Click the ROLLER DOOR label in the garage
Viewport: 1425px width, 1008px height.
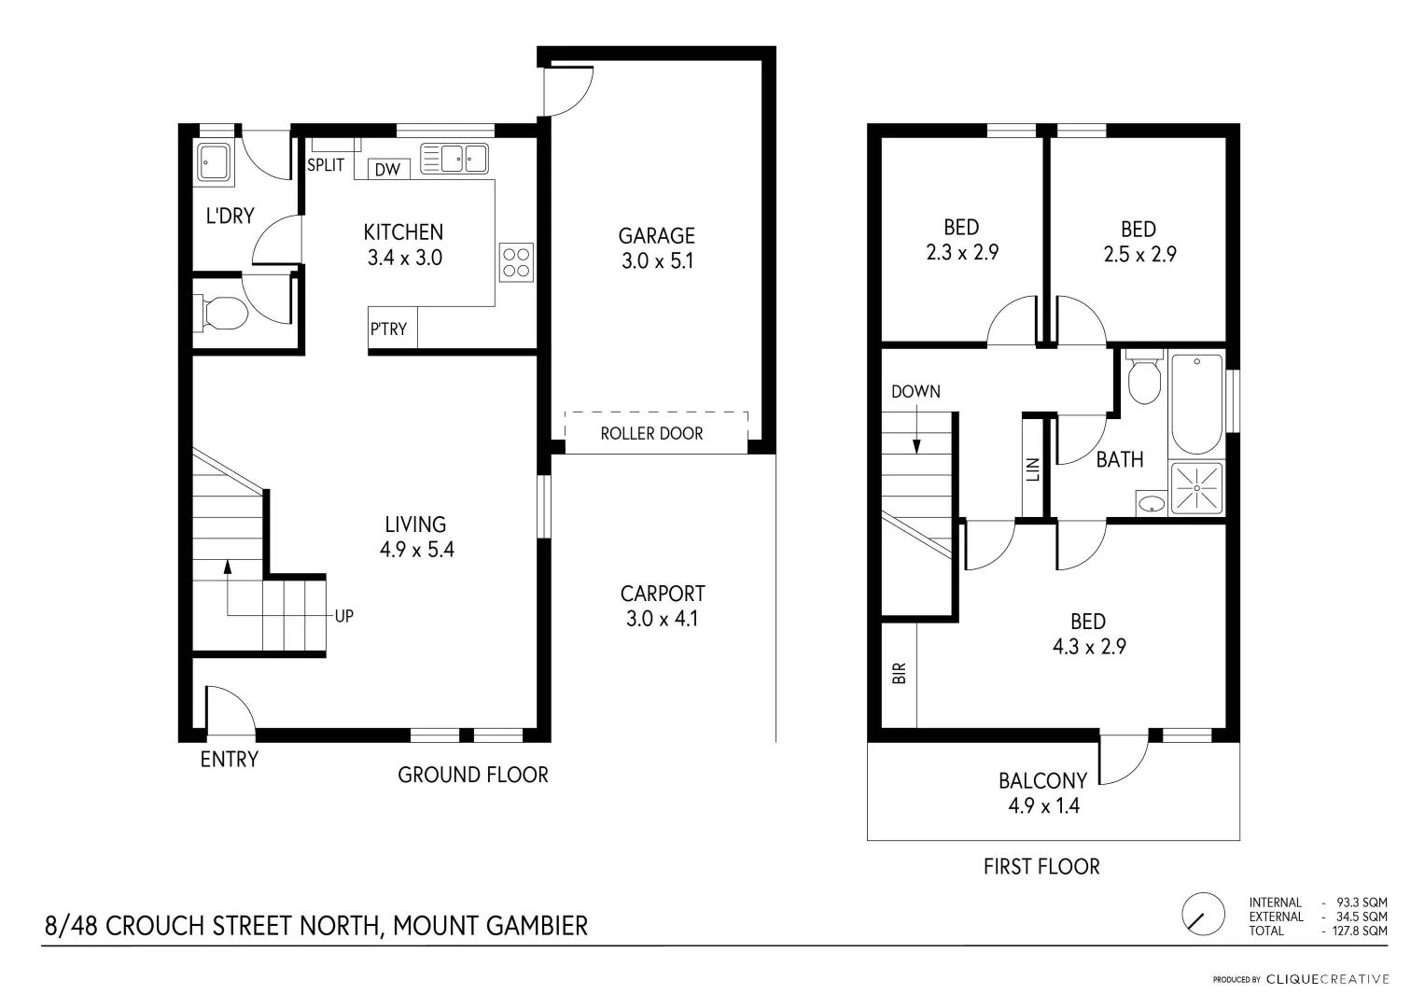(x=651, y=433)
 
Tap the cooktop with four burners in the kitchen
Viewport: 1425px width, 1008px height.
(x=516, y=261)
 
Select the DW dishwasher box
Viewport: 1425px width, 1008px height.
(x=387, y=169)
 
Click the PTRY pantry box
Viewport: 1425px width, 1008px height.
(x=389, y=329)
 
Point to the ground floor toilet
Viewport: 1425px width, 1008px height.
(x=220, y=314)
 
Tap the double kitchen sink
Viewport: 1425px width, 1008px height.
(x=454, y=158)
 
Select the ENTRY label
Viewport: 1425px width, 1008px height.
(x=229, y=759)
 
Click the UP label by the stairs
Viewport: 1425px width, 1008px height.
(x=343, y=616)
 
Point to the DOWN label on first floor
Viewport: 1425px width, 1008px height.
(x=915, y=391)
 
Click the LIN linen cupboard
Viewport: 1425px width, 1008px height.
(x=1032, y=469)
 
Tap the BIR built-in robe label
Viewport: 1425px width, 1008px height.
(x=900, y=674)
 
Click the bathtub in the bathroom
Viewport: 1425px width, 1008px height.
(x=1195, y=403)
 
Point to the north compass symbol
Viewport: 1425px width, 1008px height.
(x=1204, y=914)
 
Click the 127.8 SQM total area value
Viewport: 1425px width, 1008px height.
(x=1362, y=931)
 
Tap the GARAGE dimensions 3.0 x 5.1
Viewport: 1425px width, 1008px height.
(x=657, y=261)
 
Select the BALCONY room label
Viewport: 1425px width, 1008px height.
(x=1042, y=780)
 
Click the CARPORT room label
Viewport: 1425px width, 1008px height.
(x=663, y=593)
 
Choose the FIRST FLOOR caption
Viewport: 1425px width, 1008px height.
(x=1041, y=867)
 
